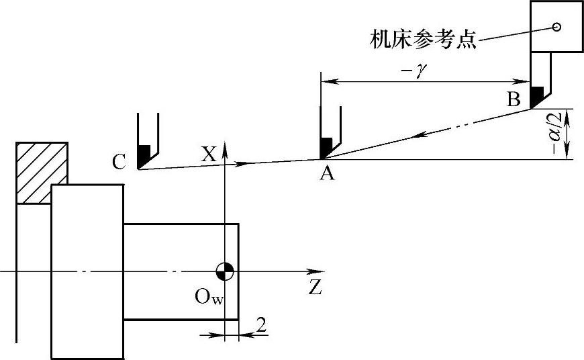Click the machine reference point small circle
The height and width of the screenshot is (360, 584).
point(556,27)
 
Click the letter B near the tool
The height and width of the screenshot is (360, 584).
point(514,101)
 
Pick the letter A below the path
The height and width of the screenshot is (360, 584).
point(328,175)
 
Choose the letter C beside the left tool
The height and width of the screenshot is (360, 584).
point(119,162)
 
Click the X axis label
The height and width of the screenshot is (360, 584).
point(208,154)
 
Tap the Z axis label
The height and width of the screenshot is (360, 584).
point(315,289)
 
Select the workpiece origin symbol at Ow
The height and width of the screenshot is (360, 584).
point(225,271)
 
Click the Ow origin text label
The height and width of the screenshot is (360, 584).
point(207,296)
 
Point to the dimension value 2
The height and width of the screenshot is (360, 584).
point(261,326)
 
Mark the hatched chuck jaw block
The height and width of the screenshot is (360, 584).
point(42,172)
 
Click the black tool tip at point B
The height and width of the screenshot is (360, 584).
point(537,97)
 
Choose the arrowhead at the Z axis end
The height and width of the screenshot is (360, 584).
point(301,271)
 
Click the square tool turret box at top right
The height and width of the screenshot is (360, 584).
point(556,27)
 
